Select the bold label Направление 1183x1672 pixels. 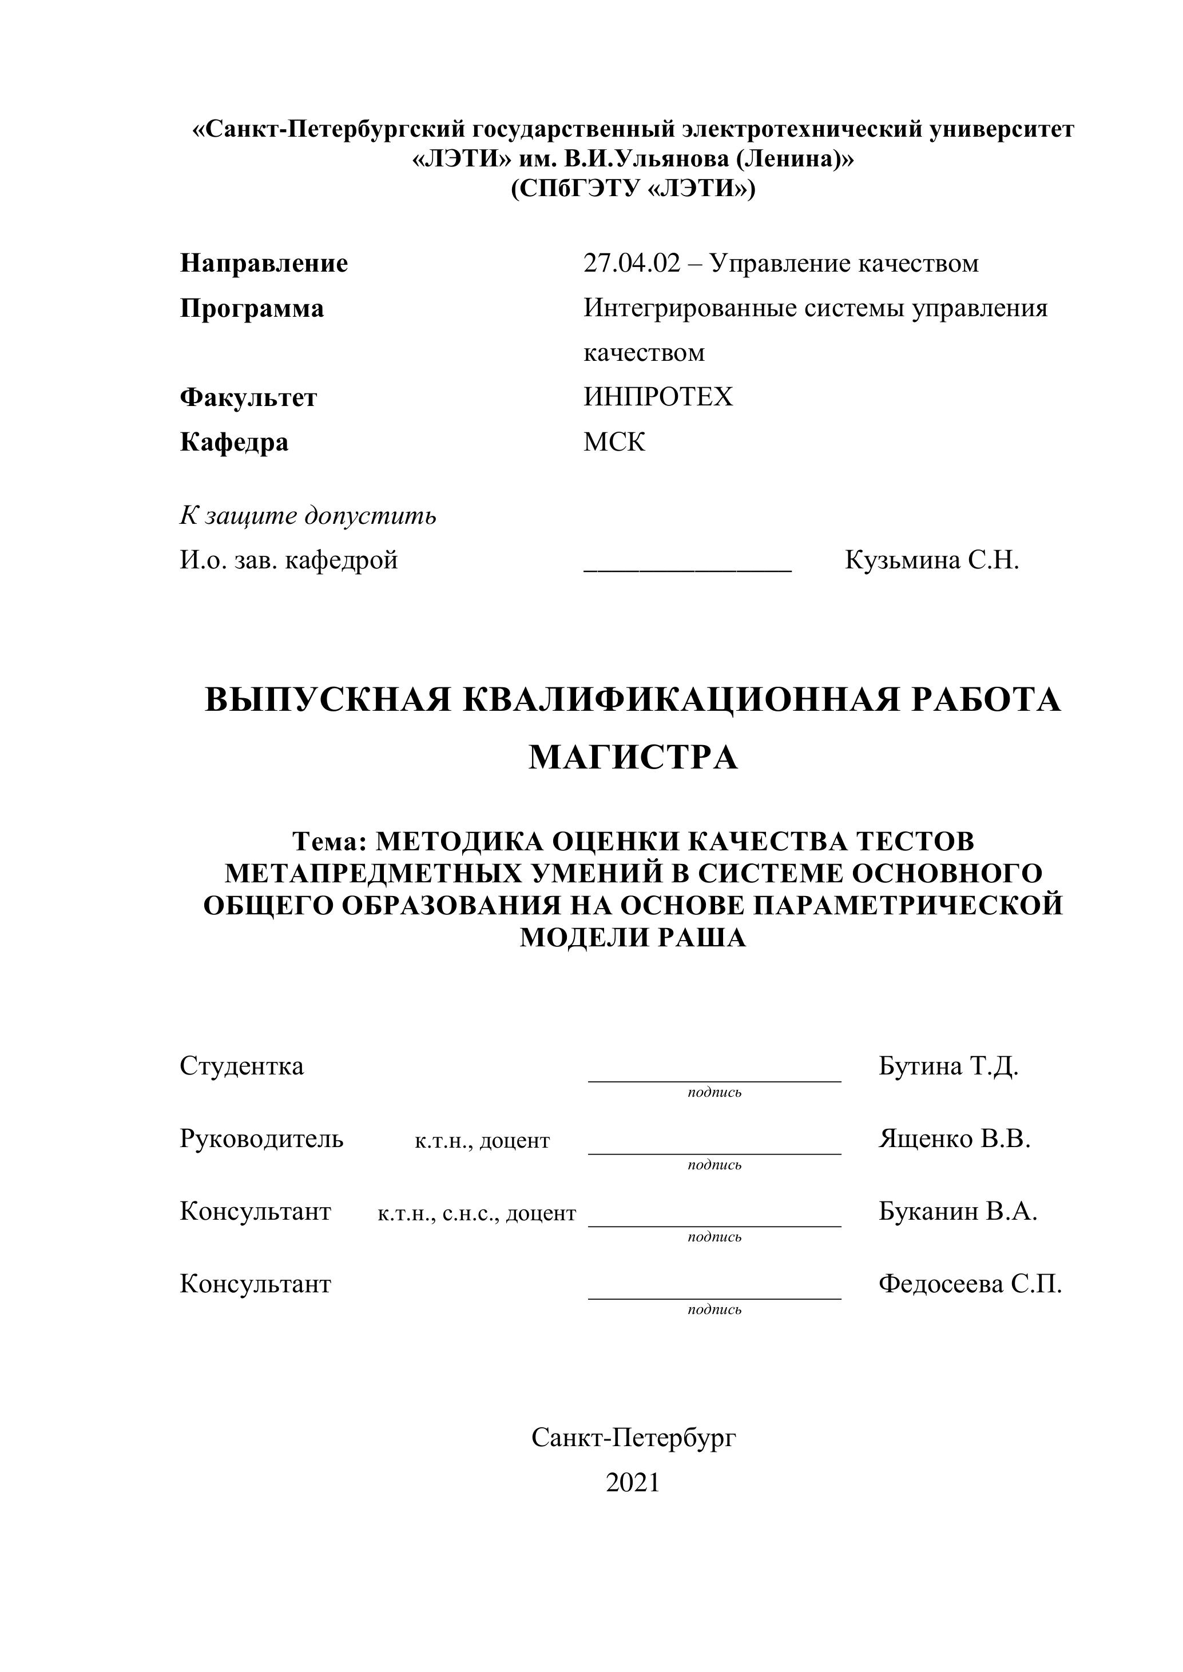click(264, 263)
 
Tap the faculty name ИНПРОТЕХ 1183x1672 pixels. click(658, 397)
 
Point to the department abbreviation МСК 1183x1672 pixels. click(614, 442)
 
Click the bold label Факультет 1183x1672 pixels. click(248, 397)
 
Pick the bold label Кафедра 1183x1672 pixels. click(234, 442)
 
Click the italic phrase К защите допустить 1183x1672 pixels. click(308, 516)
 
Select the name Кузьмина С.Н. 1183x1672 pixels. click(932, 561)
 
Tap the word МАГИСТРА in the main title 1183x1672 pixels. click(633, 757)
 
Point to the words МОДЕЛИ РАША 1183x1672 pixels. click(633, 938)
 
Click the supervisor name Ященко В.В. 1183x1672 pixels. click(954, 1139)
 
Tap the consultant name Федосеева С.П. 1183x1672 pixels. click(970, 1284)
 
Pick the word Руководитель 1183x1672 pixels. click(261, 1139)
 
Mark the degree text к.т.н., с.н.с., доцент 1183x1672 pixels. click(477, 1214)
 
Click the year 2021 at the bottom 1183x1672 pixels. click(633, 1483)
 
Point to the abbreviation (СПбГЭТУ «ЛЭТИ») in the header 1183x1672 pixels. click(633, 189)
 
